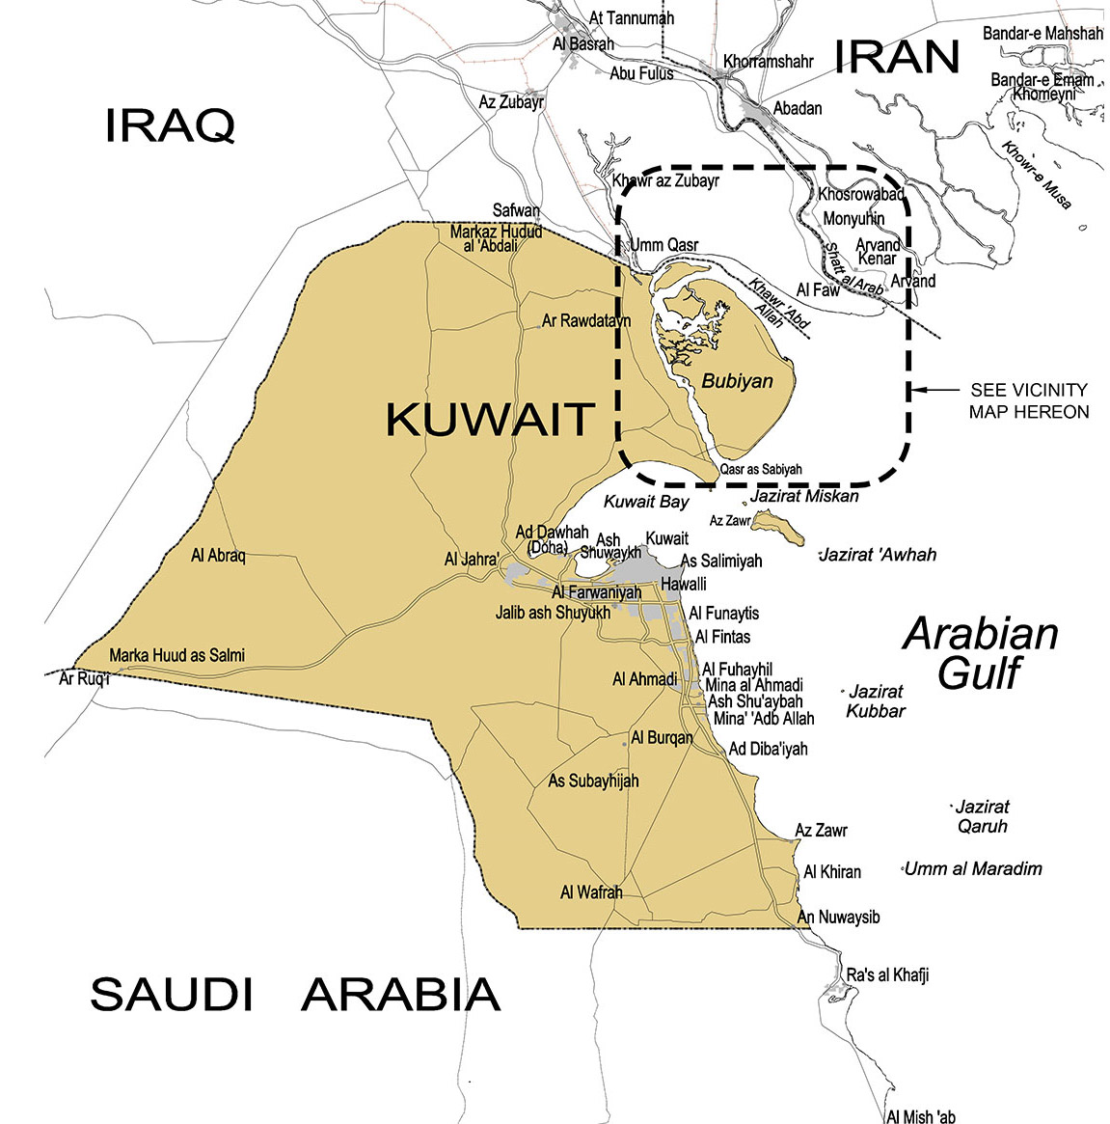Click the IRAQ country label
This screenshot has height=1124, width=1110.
(x=170, y=125)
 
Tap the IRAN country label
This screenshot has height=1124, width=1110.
(x=897, y=58)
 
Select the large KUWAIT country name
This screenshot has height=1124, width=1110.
(x=490, y=420)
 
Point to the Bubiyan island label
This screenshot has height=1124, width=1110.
(x=737, y=381)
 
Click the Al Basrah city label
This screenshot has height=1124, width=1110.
(x=583, y=44)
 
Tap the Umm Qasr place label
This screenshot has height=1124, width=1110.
(x=663, y=245)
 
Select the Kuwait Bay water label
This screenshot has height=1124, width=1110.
(x=646, y=502)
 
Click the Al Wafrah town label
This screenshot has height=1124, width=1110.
(x=591, y=892)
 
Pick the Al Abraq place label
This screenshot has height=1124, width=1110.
(x=218, y=556)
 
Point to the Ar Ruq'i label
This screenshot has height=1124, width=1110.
(x=85, y=679)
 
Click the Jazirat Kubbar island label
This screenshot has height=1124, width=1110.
(x=876, y=701)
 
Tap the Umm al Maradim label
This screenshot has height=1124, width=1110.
(x=973, y=869)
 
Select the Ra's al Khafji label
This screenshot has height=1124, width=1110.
(x=887, y=975)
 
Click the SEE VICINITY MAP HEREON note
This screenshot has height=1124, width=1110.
(x=1029, y=401)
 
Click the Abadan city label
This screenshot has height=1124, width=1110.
(x=798, y=108)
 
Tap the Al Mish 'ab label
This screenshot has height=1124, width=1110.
(x=921, y=1116)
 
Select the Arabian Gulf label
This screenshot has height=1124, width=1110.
(x=980, y=654)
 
